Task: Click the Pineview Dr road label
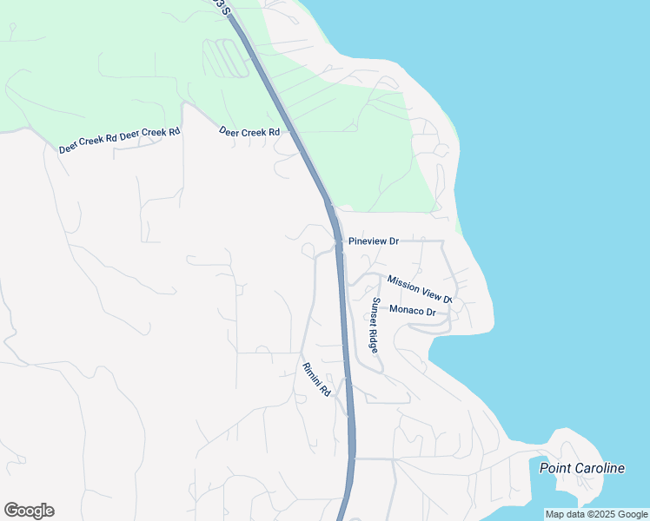click(x=373, y=241)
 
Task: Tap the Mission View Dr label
click(x=420, y=289)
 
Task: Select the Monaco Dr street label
click(x=412, y=310)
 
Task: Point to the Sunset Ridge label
click(x=375, y=325)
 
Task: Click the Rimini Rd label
click(x=316, y=379)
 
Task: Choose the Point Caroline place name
click(x=581, y=468)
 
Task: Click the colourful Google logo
click(x=29, y=511)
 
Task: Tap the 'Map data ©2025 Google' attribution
click(x=596, y=514)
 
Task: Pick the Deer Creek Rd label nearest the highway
click(x=249, y=132)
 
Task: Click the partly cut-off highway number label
click(x=226, y=7)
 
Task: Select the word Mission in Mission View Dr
click(x=404, y=282)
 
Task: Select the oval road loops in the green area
click(x=224, y=58)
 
